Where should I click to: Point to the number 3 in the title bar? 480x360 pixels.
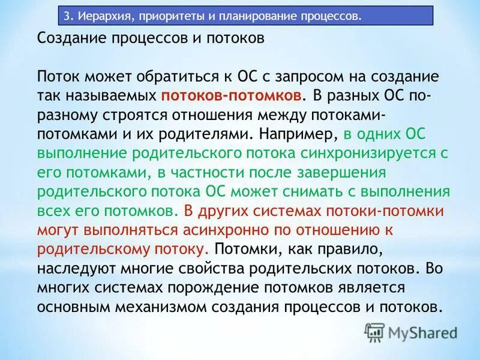67,16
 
